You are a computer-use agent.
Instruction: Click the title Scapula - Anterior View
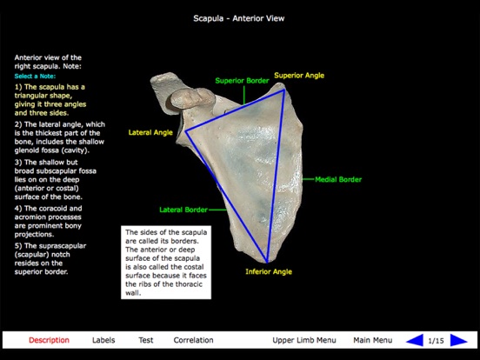click(x=239, y=17)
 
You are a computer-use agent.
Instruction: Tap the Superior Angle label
click(x=299, y=76)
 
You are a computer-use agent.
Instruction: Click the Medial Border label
click(x=338, y=180)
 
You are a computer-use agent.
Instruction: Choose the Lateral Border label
click(x=183, y=210)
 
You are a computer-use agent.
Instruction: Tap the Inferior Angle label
click(x=270, y=271)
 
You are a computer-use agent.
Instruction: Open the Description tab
click(x=49, y=340)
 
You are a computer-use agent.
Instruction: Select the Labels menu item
click(x=103, y=340)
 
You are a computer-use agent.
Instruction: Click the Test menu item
click(x=146, y=340)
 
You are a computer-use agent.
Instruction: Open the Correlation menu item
click(x=193, y=340)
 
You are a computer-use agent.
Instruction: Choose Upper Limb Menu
click(x=303, y=340)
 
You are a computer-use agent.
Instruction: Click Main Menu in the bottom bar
click(x=372, y=340)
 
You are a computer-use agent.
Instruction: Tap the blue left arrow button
click(x=416, y=340)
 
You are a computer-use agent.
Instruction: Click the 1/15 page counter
click(x=442, y=340)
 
